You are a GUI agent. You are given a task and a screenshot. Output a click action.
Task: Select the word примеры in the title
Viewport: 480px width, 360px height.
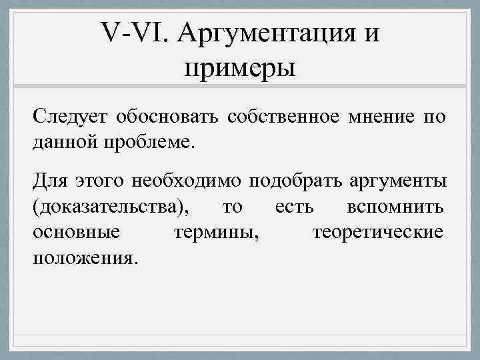pyautogui.click(x=239, y=67)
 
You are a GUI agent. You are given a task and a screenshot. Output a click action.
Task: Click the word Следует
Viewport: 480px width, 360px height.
pyautogui.click(x=70, y=118)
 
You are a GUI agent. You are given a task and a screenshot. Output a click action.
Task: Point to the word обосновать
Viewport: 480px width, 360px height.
pyautogui.click(x=167, y=118)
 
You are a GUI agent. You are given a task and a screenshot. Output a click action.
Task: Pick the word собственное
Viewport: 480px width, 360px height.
pyautogui.click(x=280, y=118)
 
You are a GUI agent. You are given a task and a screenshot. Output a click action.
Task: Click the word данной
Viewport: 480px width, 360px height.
pyautogui.click(x=64, y=141)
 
